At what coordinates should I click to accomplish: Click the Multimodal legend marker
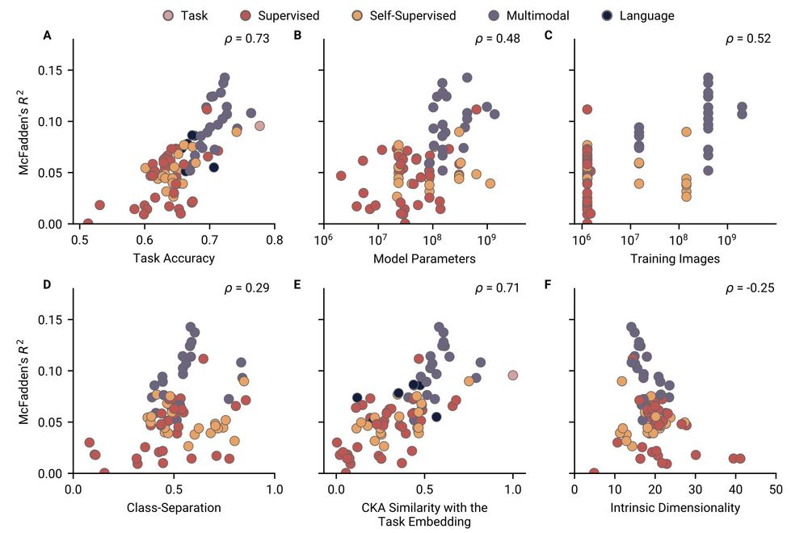click(x=493, y=15)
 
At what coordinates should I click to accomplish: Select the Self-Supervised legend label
click(x=414, y=15)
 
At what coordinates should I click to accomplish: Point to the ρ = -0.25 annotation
click(x=748, y=287)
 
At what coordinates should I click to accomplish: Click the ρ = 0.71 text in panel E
click(x=497, y=287)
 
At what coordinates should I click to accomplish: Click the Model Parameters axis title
click(x=424, y=258)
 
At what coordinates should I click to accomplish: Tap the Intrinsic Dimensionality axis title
click(x=675, y=508)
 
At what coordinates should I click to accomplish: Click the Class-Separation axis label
click(x=174, y=508)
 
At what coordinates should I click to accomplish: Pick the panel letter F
click(x=549, y=284)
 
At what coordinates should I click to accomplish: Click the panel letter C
click(x=549, y=35)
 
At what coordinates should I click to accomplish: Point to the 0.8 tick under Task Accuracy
click(x=275, y=240)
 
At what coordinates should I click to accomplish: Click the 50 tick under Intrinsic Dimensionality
click(x=776, y=489)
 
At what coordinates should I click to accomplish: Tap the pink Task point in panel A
click(x=259, y=126)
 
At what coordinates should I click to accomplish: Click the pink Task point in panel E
click(x=512, y=375)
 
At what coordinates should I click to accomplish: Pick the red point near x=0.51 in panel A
click(x=87, y=224)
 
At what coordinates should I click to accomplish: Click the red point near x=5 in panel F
click(x=594, y=472)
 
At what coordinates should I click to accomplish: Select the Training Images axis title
click(x=675, y=258)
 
